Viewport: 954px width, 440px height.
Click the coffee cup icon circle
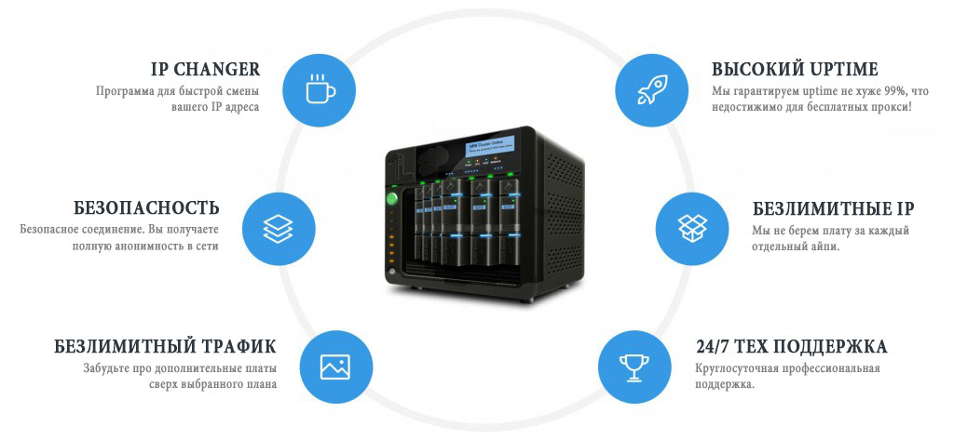click(320, 90)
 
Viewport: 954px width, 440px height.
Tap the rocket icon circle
click(651, 90)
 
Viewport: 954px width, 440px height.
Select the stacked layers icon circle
click(279, 229)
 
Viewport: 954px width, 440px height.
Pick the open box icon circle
click(692, 229)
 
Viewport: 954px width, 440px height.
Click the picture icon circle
click(334, 367)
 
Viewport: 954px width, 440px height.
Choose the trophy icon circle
click(634, 367)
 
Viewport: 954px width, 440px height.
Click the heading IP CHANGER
click(206, 69)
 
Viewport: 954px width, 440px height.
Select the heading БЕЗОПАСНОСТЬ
click(146, 207)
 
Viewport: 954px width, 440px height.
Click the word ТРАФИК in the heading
click(238, 346)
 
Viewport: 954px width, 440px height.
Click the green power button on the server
click(392, 198)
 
